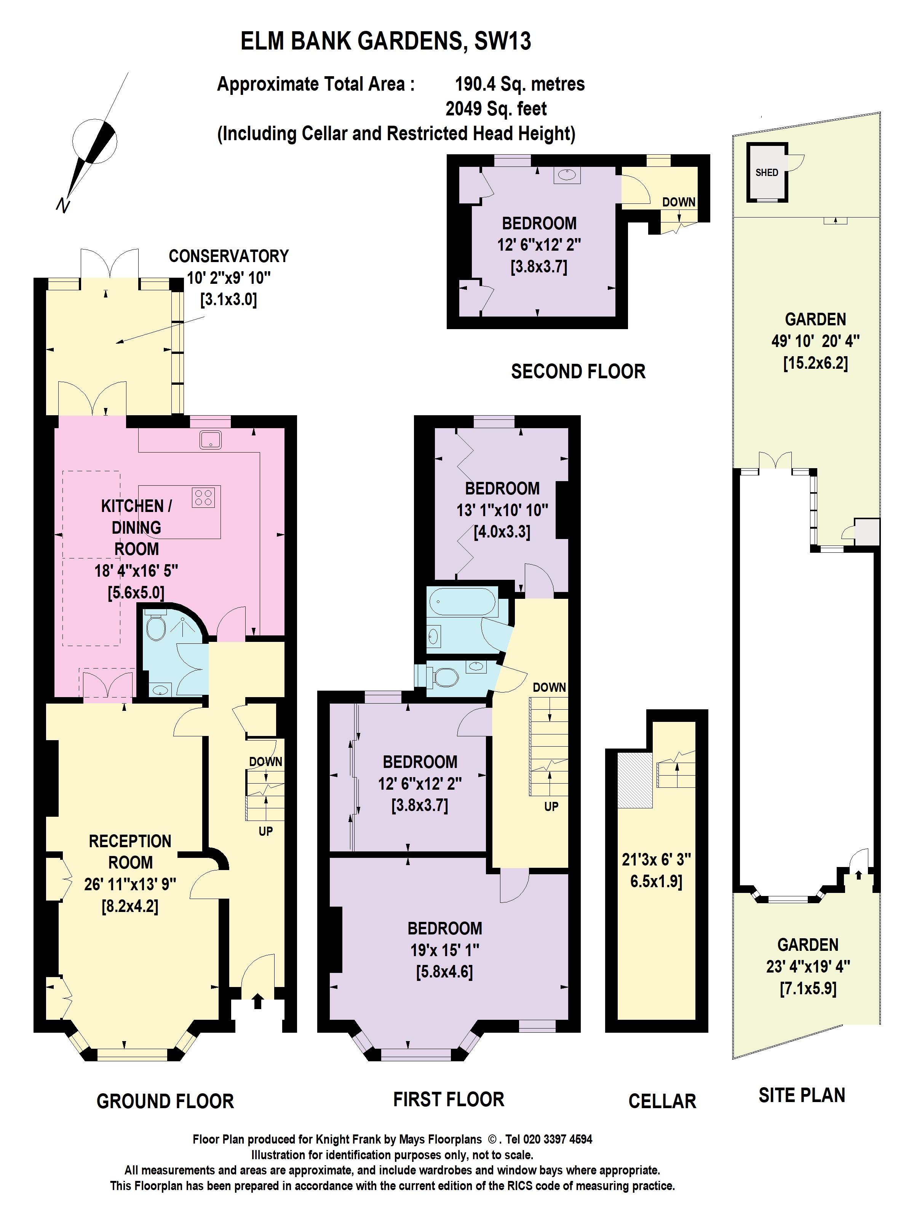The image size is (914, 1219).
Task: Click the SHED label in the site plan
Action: tap(766, 173)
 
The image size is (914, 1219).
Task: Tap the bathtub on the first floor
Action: tap(463, 602)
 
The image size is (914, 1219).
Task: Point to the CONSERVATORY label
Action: tap(228, 256)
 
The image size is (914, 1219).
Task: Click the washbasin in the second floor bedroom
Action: tap(567, 175)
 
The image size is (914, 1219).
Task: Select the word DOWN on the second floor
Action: tap(678, 202)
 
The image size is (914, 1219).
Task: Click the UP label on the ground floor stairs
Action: tap(265, 831)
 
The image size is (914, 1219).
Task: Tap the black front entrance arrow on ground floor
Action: tap(257, 1001)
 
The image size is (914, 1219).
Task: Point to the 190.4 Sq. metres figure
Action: tap(519, 84)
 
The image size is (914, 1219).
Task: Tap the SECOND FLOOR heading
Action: tap(578, 371)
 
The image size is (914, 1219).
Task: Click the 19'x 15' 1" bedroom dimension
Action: tap(444, 950)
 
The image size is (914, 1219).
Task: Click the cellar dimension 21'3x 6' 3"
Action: tap(656, 860)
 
